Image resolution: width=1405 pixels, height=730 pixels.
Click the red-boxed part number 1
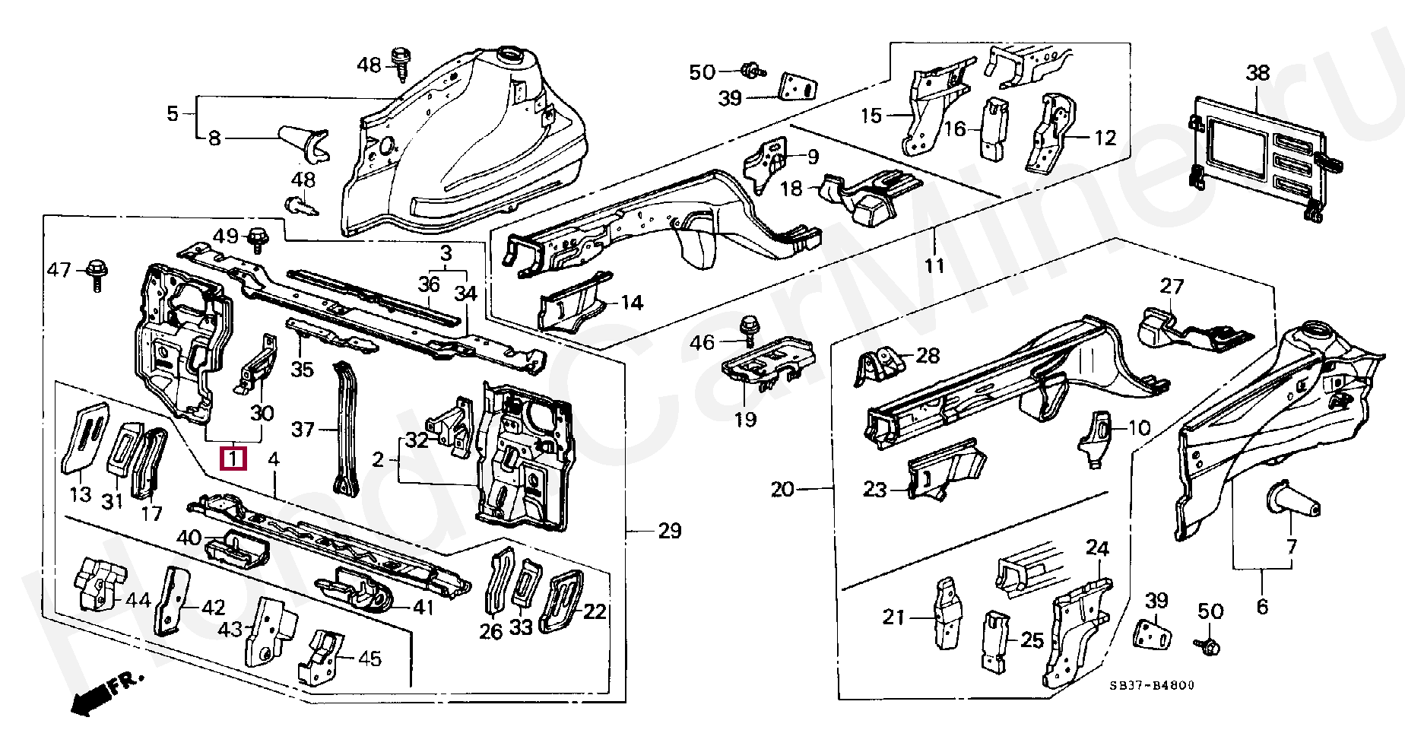point(233,459)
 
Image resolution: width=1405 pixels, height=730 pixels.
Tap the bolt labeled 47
point(97,273)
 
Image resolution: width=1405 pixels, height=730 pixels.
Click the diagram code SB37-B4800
point(1151,685)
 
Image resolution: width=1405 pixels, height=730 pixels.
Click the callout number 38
point(1258,73)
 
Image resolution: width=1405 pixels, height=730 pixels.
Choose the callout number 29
point(669,531)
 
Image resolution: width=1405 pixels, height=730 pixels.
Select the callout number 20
point(782,489)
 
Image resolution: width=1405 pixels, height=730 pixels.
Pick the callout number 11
point(934,265)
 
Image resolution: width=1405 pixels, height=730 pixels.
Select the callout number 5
point(173,114)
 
